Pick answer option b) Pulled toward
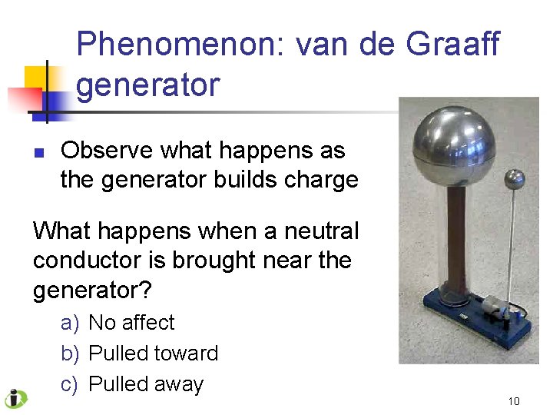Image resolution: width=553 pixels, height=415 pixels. coord(139,354)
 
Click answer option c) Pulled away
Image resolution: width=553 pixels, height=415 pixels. coord(132,384)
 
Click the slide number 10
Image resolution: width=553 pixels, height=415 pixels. coord(514,401)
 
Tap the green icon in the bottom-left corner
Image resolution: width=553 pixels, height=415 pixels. coord(15,399)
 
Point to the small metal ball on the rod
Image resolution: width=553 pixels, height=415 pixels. coord(512,179)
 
